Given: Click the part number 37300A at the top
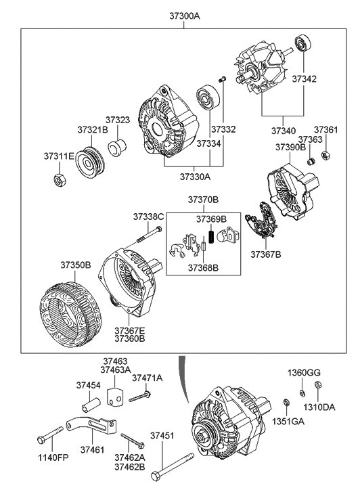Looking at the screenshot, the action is point(185,16).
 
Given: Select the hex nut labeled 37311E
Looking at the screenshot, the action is point(60,180).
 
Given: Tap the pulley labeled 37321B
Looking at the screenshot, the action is point(89,163).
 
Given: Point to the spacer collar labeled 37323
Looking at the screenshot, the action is point(117,147).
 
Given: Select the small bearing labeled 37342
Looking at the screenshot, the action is point(304,44).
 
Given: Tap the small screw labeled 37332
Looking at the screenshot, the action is point(222,79).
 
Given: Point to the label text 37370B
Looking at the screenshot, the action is point(204,200).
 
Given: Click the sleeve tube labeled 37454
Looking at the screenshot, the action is point(91,405).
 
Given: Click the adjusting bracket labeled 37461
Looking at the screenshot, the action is point(91,424).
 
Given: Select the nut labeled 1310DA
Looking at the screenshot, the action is point(317,384).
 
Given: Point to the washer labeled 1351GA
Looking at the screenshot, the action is point(286,402).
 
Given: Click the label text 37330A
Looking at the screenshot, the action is point(195,177).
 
